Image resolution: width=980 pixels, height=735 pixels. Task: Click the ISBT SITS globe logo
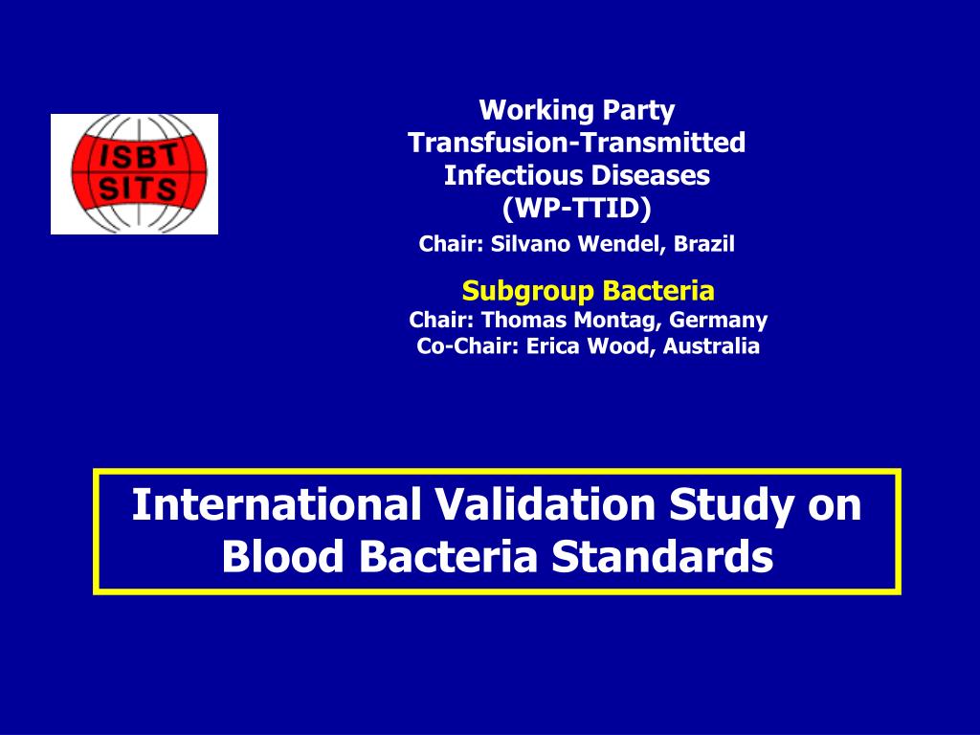point(134,173)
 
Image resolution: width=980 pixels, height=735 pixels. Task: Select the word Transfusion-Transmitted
point(576,143)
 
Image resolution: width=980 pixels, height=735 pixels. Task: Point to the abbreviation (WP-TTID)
point(576,208)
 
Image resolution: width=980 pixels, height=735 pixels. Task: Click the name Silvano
point(529,244)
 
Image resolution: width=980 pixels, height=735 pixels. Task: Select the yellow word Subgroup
point(518,290)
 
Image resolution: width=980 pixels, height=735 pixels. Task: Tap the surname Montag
point(619,320)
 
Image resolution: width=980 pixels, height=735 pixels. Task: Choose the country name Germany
point(718,320)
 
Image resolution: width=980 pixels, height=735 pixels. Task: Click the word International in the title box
point(277,504)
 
